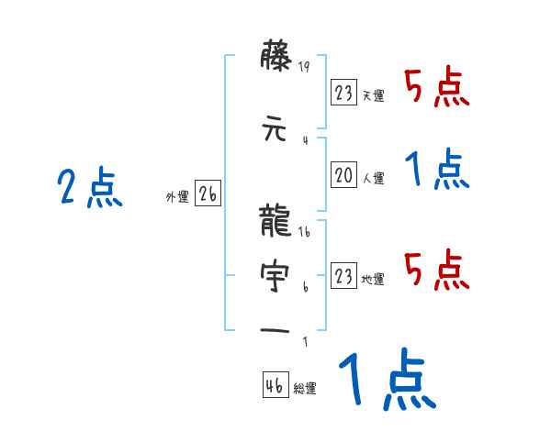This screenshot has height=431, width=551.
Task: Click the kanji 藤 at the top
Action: pyautogui.click(x=275, y=61)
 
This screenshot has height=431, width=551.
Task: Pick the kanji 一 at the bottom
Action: pyautogui.click(x=275, y=328)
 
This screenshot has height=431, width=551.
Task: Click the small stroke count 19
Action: pyautogui.click(x=306, y=66)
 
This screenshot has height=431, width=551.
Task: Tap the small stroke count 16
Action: pyautogui.click(x=306, y=232)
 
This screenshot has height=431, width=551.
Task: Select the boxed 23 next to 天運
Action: pyautogui.click(x=343, y=93)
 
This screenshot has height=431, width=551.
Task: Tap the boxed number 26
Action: pyautogui.click(x=208, y=194)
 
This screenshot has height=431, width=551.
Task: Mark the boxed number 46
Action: pyautogui.click(x=274, y=385)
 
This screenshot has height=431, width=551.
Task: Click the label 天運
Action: pyautogui.click(x=373, y=96)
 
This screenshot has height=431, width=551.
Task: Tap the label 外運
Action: pyautogui.click(x=177, y=197)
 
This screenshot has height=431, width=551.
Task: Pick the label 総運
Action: pyautogui.click(x=305, y=389)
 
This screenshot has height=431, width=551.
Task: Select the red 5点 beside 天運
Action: pyautogui.click(x=437, y=88)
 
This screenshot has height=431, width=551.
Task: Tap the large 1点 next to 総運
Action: pyautogui.click(x=386, y=381)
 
